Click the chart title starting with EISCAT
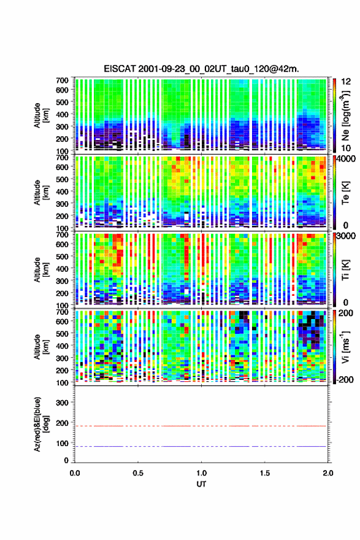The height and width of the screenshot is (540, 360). (201, 69)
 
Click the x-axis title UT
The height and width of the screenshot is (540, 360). (201, 484)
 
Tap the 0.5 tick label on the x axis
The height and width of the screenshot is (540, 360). (138, 473)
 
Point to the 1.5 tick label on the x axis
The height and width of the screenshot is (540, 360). (265, 473)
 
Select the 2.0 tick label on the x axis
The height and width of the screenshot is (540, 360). (328, 473)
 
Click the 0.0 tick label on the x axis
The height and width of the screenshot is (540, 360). (75, 473)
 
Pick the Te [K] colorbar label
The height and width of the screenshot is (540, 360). (345, 193)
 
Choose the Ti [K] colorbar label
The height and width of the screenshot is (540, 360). (345, 271)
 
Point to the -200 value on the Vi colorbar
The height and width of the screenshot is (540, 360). (345, 379)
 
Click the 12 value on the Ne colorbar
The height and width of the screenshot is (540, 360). (347, 82)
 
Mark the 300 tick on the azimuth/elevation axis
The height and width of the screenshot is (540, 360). (63, 403)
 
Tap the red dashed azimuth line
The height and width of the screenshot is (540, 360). (201, 426)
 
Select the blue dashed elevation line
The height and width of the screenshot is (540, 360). (201, 446)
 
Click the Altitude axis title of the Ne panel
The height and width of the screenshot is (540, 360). (41, 115)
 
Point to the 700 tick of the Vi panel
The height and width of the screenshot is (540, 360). (63, 312)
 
